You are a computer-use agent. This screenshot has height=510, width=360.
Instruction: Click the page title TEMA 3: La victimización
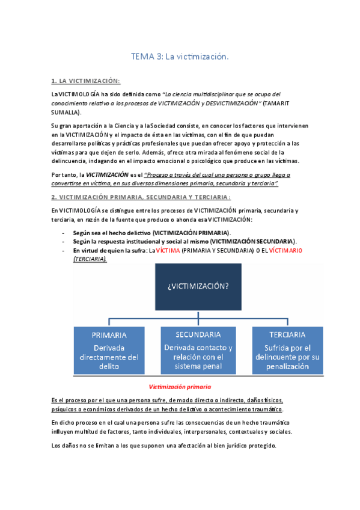click(180, 57)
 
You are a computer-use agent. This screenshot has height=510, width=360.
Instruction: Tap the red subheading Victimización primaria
click(179, 387)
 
